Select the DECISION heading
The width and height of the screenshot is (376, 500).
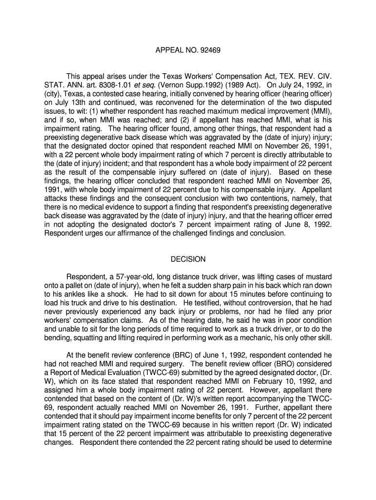click(188, 259)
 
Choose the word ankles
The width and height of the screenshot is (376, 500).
click(73, 294)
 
